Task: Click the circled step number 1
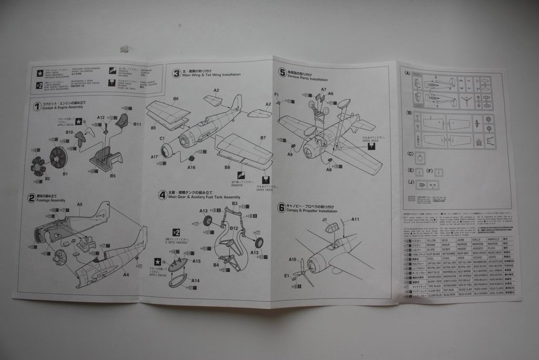(x=37, y=107)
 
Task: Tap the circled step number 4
(x=162, y=195)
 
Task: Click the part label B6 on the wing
(x=176, y=99)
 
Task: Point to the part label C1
(x=162, y=138)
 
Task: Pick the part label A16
(x=191, y=167)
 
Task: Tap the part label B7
(x=262, y=138)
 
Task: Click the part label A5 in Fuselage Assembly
(x=80, y=204)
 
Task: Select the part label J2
(x=74, y=241)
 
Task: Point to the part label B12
(x=235, y=228)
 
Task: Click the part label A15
(x=197, y=261)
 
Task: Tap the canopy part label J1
(x=324, y=220)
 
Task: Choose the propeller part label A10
(x=292, y=259)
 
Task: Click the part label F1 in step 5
(x=277, y=94)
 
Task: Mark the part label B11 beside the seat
(x=137, y=125)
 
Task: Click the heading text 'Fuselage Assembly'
(x=50, y=201)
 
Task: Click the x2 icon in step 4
(x=176, y=232)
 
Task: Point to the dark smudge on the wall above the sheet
(x=125, y=49)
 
